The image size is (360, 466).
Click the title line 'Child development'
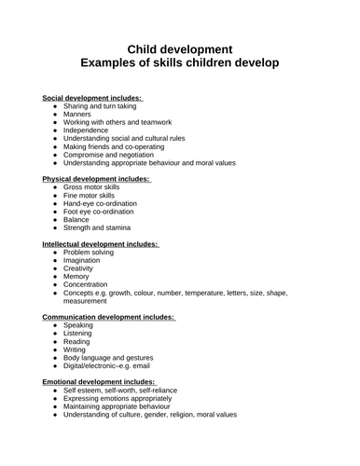point(179,48)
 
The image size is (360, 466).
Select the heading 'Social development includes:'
point(92,98)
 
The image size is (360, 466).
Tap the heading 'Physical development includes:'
point(96,179)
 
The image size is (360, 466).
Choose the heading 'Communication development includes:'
point(109,317)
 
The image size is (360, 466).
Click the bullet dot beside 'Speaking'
point(56,326)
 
